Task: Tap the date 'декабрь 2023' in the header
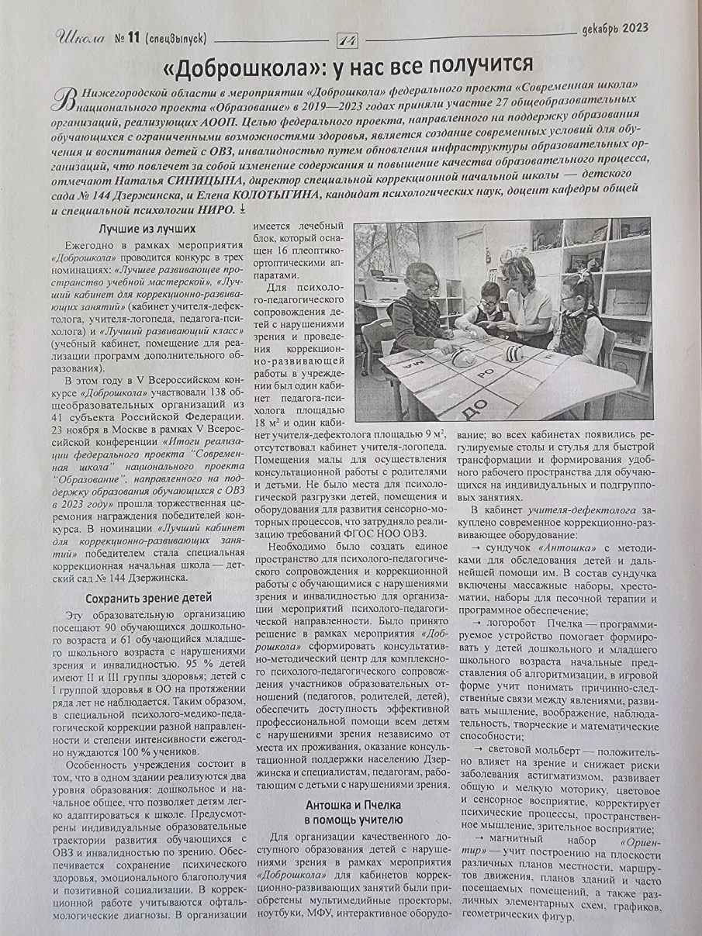[x=614, y=30]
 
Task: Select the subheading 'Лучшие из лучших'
[x=147, y=229]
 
